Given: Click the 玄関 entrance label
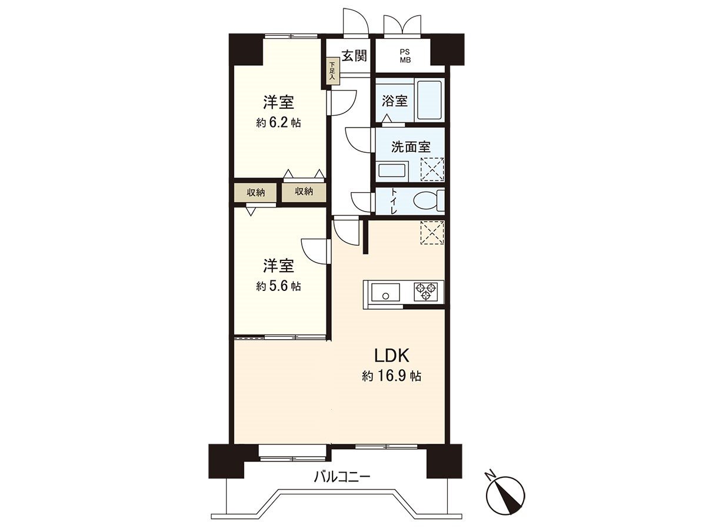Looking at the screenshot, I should coord(355,56).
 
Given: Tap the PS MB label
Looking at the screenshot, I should coord(405,56).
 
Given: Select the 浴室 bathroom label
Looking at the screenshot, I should coord(394,101).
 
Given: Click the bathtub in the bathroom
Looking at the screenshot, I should coord(428,101).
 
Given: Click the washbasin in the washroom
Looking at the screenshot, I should coord(392,171).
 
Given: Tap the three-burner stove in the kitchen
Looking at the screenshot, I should coord(426,291).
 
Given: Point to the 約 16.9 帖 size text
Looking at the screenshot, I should coord(391,377).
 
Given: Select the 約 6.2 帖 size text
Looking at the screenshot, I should coord(278,123).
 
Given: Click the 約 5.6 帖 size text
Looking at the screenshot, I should coord(278,286).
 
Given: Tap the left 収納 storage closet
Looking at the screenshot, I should coord(255,192).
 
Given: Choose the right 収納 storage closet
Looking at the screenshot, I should coord(304,192).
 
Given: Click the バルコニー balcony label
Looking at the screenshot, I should coord(342,477).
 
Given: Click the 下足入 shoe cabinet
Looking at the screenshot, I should coord(332,71).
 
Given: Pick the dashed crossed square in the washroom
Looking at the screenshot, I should coord(432,169).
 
